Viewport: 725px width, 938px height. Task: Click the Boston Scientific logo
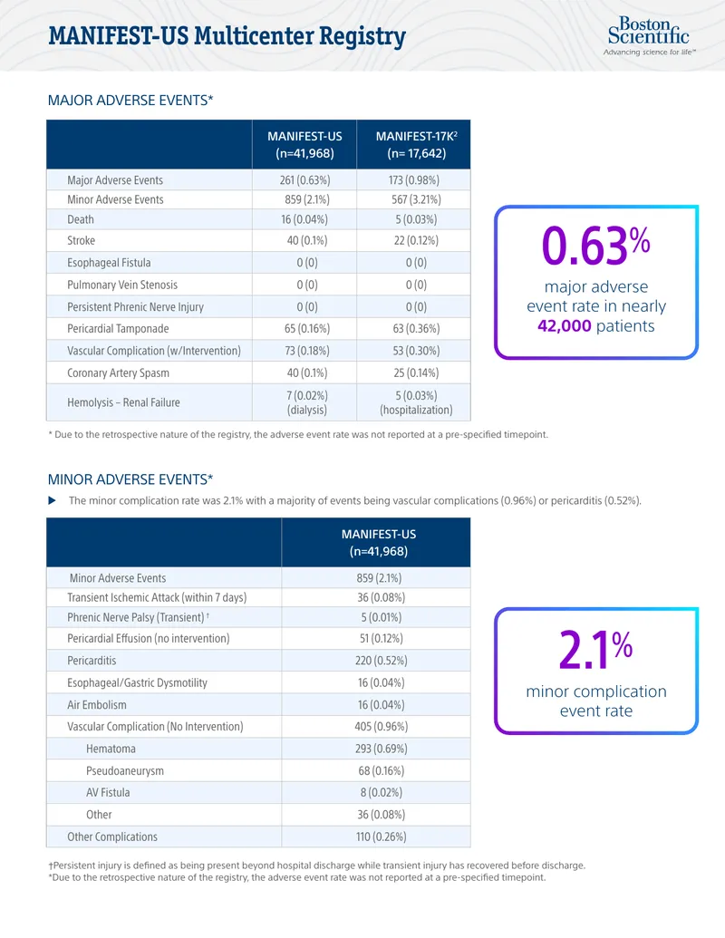point(649,36)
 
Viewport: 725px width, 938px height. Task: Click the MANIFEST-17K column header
point(416,145)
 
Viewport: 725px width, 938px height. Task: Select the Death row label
point(80,219)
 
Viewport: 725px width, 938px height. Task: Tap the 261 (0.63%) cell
point(304,180)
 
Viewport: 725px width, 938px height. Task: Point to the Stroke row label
point(81,240)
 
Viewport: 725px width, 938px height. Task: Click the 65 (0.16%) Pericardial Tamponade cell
point(307,328)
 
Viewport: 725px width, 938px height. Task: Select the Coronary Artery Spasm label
point(118,372)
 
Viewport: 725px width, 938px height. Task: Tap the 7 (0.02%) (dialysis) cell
point(307,402)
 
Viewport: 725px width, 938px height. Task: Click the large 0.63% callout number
point(595,246)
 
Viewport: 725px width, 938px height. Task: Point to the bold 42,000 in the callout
point(564,326)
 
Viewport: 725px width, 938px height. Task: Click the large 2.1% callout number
point(595,650)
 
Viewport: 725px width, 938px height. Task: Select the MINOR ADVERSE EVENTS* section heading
point(130,479)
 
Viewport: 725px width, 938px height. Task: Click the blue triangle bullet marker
point(52,500)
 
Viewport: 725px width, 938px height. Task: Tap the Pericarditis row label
point(92,661)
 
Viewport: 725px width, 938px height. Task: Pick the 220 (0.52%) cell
point(381,661)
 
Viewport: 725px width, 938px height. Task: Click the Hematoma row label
point(111,749)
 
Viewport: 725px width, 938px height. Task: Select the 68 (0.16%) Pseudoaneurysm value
point(381,770)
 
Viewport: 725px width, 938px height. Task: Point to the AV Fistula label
point(108,792)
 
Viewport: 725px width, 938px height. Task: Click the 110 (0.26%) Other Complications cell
point(381,836)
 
